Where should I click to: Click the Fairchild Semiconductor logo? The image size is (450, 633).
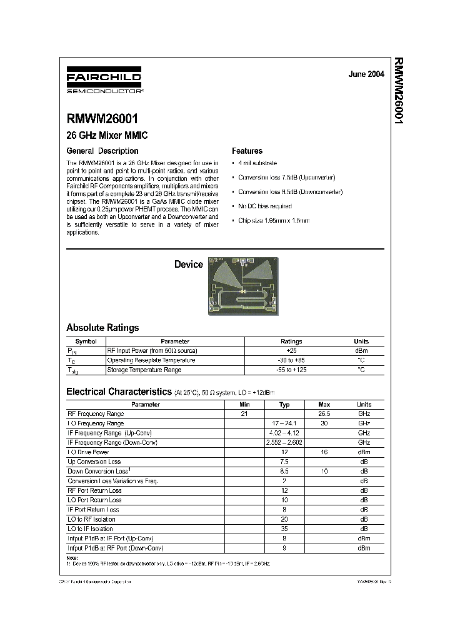[104, 81]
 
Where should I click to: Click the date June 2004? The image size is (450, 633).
[366, 74]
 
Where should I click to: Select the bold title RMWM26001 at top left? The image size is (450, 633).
[102, 119]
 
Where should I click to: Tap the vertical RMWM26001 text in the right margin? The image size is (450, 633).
[398, 91]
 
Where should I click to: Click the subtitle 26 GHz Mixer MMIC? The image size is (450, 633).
[107, 135]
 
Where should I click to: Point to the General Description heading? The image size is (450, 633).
[102, 151]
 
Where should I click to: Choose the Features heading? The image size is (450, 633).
[247, 151]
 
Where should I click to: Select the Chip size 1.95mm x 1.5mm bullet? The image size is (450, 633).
[274, 221]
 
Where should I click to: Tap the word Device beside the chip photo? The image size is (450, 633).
[188, 265]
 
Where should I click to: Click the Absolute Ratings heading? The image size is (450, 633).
[102, 328]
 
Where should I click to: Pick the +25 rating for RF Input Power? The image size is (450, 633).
[291, 351]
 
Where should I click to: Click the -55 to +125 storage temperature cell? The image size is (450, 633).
[291, 370]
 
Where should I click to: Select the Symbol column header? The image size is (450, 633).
[86, 342]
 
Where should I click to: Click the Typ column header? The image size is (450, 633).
[284, 405]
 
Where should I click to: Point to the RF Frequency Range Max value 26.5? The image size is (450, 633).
[324, 413]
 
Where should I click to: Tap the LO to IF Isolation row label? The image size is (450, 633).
[91, 529]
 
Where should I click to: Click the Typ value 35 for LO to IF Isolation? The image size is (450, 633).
[284, 529]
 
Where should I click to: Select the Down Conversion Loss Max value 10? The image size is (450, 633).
[324, 471]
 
